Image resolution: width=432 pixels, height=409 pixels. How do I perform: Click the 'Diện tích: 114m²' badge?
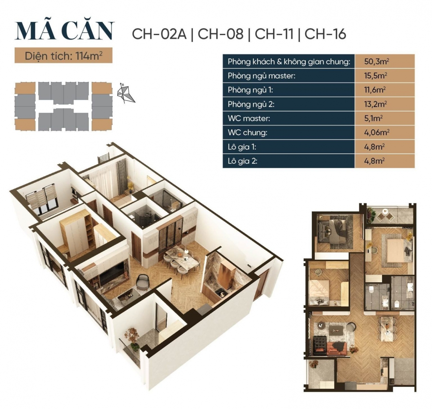[x=63, y=56]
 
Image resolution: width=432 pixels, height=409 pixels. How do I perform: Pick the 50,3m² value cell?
[x=376, y=62]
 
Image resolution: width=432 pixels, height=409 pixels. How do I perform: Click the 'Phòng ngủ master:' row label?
[x=262, y=76]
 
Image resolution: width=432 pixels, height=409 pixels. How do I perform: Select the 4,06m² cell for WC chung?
[x=376, y=132]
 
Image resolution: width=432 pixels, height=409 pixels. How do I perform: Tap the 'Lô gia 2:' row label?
[x=242, y=161]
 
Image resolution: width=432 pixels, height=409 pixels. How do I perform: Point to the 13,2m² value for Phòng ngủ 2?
[x=375, y=104]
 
